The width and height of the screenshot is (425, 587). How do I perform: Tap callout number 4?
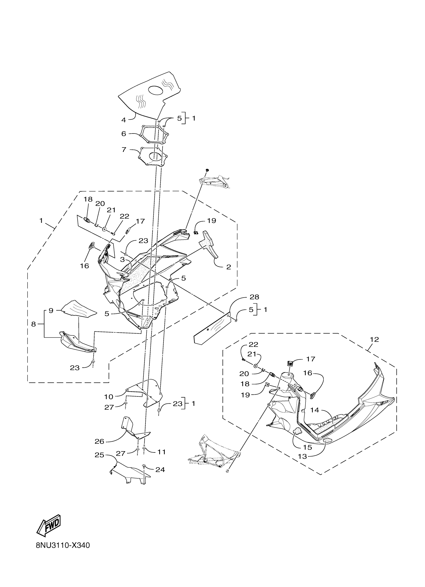[x=124, y=120]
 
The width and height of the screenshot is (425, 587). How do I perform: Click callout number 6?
[x=124, y=134]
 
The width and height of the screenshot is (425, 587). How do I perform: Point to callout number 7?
[x=124, y=150]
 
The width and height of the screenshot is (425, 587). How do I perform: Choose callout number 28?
[x=254, y=297]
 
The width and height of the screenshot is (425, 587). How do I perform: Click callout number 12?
[x=374, y=340]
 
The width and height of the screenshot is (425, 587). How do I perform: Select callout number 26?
[x=99, y=441]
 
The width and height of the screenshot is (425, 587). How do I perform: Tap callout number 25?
[x=99, y=455]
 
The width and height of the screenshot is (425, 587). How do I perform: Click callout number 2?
[x=228, y=267]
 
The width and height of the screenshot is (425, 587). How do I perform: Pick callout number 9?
[x=51, y=310]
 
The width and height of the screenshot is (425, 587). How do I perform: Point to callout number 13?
[x=302, y=456]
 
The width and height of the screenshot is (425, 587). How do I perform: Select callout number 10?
[x=109, y=396]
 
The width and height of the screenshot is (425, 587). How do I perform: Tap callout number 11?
[x=161, y=452]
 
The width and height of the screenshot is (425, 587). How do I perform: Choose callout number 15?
[x=307, y=447]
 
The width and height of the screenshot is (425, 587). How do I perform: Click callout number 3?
[x=122, y=259]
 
